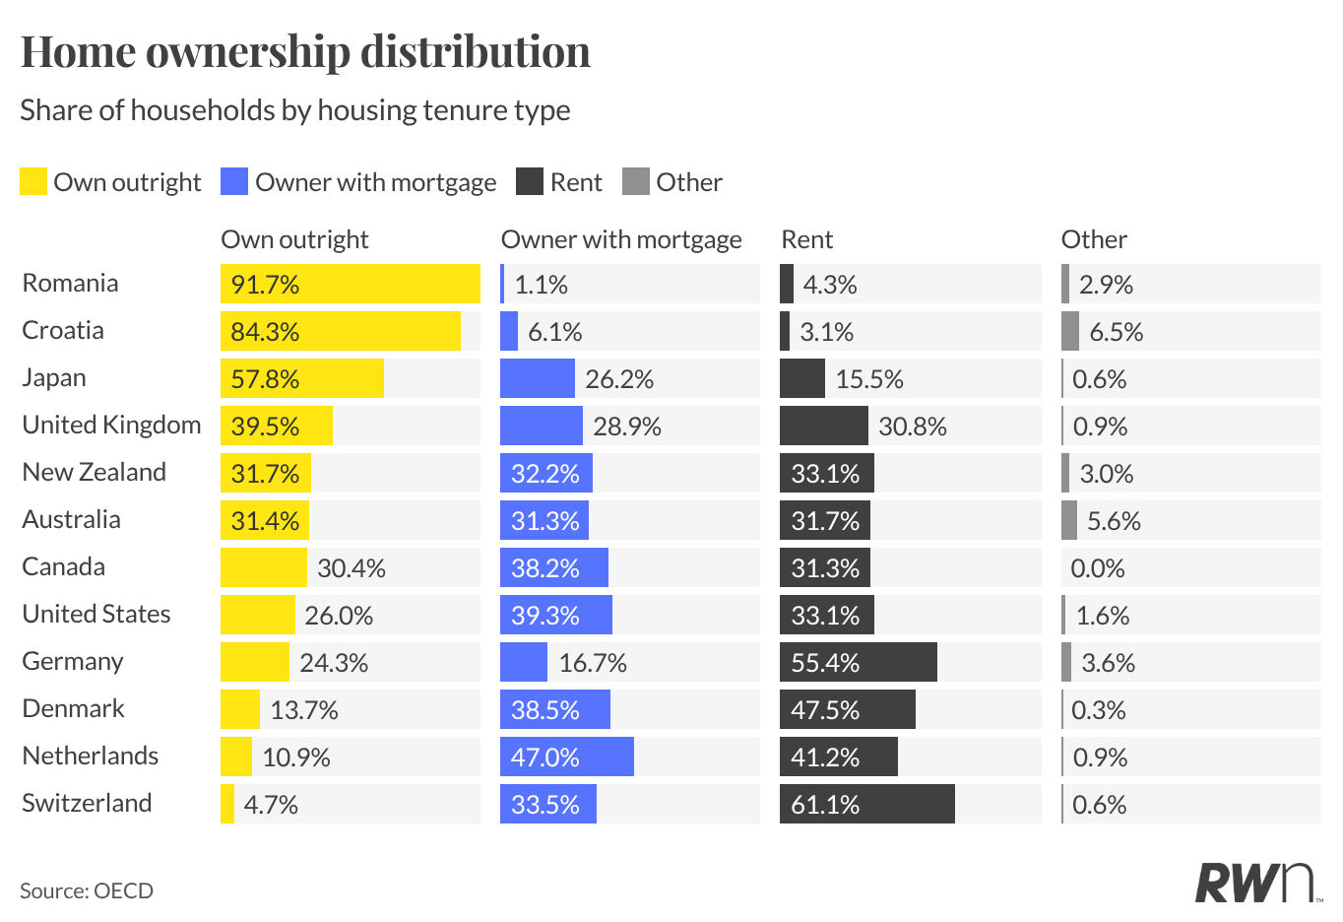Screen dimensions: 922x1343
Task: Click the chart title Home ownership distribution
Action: (305, 52)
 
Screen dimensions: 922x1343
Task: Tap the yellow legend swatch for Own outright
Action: (33, 182)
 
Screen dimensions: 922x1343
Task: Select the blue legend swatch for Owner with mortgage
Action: (234, 182)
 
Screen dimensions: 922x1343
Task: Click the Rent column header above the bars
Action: (806, 239)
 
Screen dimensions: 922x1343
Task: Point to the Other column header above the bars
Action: (1094, 239)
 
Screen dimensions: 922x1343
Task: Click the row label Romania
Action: (70, 284)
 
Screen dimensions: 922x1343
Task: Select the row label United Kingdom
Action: (111, 426)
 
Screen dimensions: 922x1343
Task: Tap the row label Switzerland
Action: (87, 804)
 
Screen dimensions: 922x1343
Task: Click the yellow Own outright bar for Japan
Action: (301, 378)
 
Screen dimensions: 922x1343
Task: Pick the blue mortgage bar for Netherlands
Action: (566, 757)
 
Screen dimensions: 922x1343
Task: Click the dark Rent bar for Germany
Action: (858, 662)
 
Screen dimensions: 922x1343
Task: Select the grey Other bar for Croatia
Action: (1070, 331)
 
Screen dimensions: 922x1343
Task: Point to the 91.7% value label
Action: (265, 285)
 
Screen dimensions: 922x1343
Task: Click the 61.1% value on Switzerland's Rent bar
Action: (825, 805)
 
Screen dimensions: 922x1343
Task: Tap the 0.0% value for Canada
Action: (1098, 568)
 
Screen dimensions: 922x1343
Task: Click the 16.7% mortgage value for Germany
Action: (593, 663)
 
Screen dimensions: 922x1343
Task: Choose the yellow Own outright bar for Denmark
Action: (239, 709)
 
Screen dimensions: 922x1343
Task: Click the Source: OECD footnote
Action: (87, 890)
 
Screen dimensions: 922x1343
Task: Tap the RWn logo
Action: (1255, 883)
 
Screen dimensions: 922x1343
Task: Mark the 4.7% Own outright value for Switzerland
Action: (271, 805)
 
